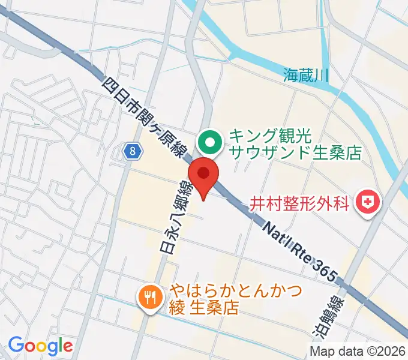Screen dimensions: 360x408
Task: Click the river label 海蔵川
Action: point(306,75)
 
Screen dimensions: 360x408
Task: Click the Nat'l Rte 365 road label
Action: point(300,245)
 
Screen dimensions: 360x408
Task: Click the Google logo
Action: point(40,346)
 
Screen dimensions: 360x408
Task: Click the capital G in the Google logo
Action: point(17,345)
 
